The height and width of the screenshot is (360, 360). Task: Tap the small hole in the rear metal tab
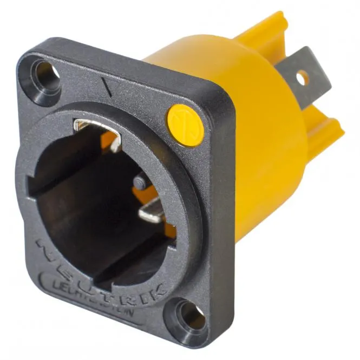pos(303,77)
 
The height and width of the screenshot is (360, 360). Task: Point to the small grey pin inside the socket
pos(139,182)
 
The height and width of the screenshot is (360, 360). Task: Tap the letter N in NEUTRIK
pos(47,246)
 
